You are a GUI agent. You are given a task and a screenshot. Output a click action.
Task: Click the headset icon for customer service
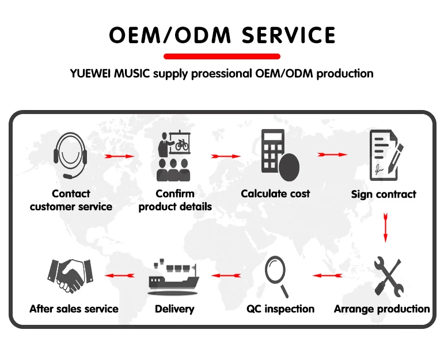(x=71, y=155)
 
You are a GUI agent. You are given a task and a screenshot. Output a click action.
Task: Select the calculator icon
(x=279, y=153)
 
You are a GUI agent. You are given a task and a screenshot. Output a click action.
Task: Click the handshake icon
(x=70, y=275)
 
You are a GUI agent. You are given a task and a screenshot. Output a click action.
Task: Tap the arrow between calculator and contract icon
(x=332, y=154)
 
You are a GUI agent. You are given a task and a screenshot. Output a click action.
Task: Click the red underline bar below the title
(x=222, y=56)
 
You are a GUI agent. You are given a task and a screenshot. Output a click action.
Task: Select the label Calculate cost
(x=275, y=194)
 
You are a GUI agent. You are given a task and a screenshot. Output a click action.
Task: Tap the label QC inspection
(x=280, y=309)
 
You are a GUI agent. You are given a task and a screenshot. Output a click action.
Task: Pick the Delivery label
(x=174, y=309)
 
